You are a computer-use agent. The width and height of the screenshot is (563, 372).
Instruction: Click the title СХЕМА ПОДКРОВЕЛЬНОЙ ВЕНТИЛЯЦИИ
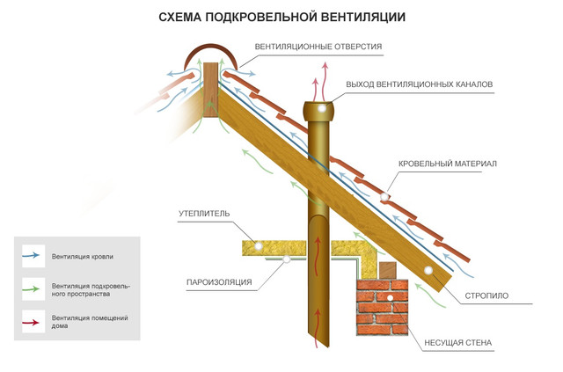click(281, 17)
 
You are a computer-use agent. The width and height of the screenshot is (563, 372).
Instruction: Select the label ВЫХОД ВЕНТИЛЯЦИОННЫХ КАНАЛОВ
click(412, 84)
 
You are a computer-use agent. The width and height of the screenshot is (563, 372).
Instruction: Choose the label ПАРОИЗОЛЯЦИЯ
click(219, 282)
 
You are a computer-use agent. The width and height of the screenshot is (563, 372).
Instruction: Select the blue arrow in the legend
click(33, 256)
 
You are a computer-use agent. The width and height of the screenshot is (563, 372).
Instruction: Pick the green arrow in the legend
click(33, 287)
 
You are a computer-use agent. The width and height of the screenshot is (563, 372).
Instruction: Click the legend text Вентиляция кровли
click(83, 257)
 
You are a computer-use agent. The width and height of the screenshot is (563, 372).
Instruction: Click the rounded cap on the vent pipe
click(322, 111)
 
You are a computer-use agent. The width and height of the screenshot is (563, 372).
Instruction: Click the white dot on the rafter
click(428, 269)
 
